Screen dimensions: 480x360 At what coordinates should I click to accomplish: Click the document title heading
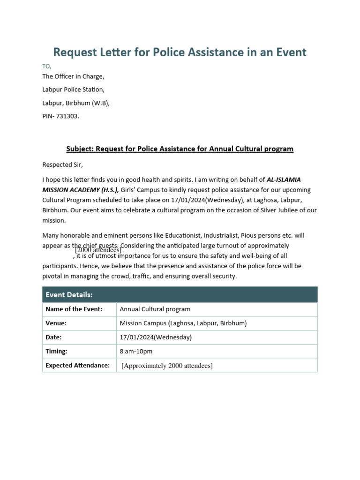[180, 52]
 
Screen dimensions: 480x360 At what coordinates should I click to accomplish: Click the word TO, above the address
[47, 66]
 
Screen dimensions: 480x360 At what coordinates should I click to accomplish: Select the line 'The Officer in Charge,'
[73, 76]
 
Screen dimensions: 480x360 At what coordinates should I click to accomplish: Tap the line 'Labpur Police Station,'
[74, 90]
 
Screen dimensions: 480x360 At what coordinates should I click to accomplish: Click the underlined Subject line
[180, 149]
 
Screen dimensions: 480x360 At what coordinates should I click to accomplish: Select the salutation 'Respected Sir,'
[62, 165]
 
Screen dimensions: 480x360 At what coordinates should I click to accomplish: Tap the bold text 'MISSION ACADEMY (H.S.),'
[81, 190]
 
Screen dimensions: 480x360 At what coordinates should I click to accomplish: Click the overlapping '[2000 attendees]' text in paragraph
[98, 250]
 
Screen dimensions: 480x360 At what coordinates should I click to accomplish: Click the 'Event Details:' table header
[69, 295]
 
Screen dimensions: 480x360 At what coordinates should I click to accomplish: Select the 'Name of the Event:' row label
[74, 309]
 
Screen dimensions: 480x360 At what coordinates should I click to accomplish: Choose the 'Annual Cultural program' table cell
[155, 309]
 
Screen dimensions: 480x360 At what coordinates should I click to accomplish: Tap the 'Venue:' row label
[56, 323]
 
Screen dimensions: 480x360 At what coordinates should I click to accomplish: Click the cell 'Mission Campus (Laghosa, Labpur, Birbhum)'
[183, 323]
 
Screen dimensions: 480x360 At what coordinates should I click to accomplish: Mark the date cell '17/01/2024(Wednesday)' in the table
[156, 337]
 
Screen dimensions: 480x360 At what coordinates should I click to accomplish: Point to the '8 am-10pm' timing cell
[136, 352]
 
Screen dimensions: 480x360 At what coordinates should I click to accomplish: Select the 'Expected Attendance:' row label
[77, 365]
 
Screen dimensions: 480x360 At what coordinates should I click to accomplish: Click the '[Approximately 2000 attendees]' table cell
[167, 366]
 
